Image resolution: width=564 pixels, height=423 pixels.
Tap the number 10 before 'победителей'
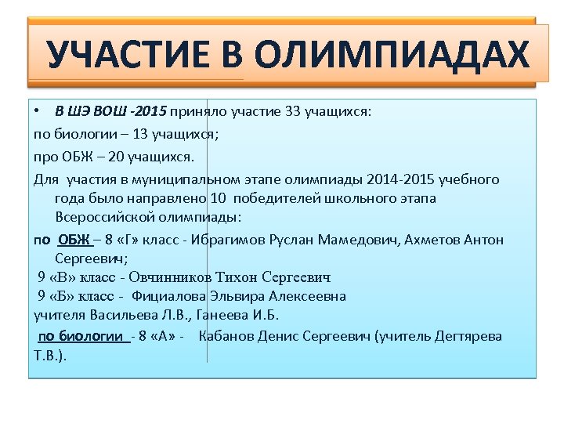(x=219, y=198)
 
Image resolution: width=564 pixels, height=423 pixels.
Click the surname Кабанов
(x=227, y=337)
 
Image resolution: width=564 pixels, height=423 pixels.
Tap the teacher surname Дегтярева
(x=464, y=337)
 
